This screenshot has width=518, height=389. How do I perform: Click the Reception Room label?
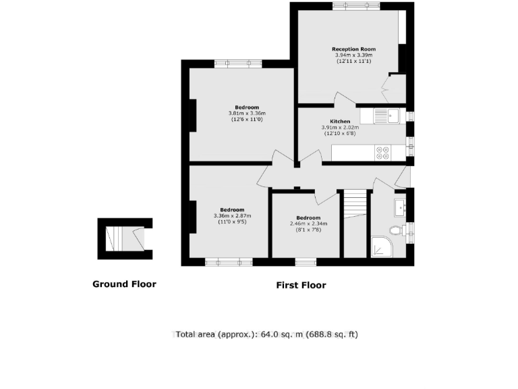coord(353,49)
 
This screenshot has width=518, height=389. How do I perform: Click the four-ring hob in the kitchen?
coord(382,153)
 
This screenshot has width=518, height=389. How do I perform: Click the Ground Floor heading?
coord(124,284)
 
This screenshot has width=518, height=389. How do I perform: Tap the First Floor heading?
coord(301,286)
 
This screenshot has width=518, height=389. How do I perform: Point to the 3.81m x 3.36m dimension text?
coord(247,113)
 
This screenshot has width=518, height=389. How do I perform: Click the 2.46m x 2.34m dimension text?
coord(308,224)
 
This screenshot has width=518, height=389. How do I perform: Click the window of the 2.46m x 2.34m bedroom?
coord(306,262)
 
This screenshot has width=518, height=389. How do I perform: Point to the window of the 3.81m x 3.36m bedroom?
coord(237,64)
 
